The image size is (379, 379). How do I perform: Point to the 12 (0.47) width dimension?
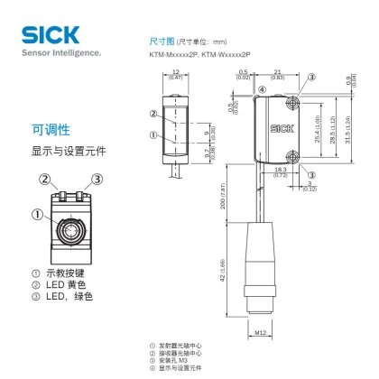click(x=176, y=77)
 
